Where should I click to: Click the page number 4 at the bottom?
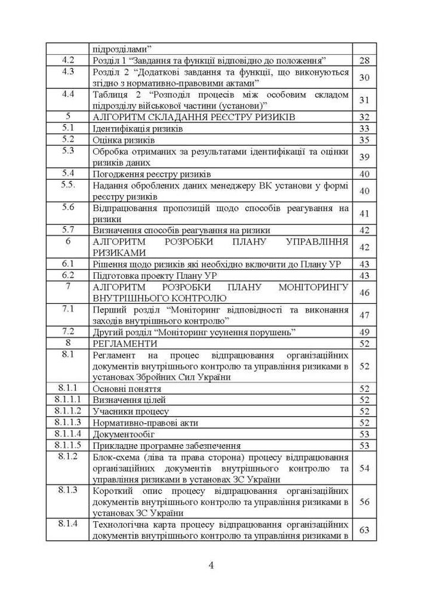[211, 566]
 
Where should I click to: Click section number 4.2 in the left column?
[68, 60]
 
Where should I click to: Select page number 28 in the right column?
[364, 61]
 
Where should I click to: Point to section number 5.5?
[68, 185]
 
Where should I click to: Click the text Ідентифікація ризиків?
[137, 128]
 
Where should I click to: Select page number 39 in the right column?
[364, 156]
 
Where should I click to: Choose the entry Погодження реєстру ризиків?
[152, 174]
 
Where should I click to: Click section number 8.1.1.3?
[68, 423]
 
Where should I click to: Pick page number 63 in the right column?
[364, 530]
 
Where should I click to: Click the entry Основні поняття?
[127, 389]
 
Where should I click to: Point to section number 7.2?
[68, 331]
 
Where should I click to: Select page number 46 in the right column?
[364, 293]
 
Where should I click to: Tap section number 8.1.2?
[68, 457]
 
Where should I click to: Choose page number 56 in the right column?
[364, 501]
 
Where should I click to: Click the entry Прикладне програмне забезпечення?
[167, 445]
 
